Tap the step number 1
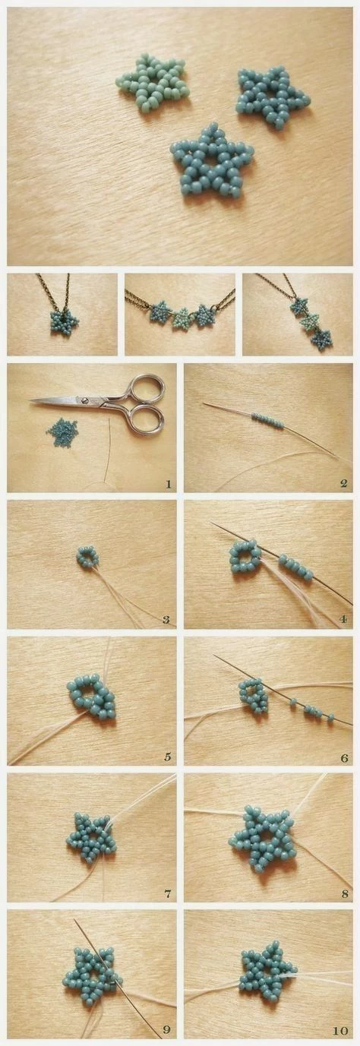tap(168, 484)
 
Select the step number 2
tap(343, 484)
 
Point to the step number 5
tap(168, 757)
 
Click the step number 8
tap(345, 894)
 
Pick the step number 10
tap(341, 1031)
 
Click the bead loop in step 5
tap(91, 697)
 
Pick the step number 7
tap(168, 894)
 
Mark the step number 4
tap(343, 620)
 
